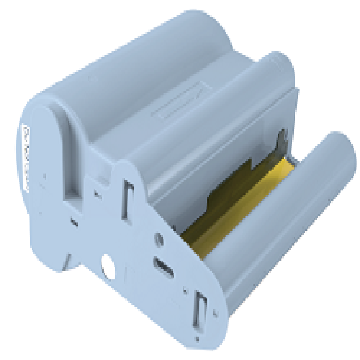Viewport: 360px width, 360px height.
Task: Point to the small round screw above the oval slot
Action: coord(157,239)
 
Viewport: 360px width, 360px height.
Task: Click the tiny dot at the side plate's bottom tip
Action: coord(197,339)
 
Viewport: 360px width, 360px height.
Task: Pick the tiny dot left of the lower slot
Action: coord(184,288)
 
